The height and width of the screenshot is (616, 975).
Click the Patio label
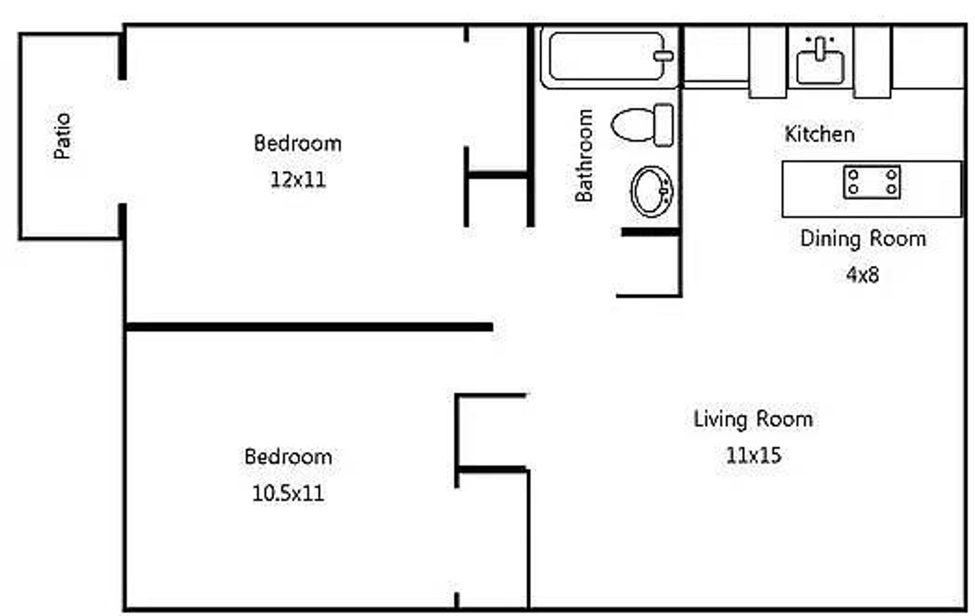tap(62, 136)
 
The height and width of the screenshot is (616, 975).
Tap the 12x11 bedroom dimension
tap(298, 179)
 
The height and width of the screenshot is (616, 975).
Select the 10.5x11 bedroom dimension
tap(288, 493)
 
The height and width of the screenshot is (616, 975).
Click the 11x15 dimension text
tap(753, 455)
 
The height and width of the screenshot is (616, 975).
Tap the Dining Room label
tap(863, 239)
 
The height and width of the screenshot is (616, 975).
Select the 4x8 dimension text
tap(862, 275)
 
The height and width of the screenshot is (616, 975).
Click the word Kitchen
tap(819, 133)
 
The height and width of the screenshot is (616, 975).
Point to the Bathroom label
tap(584, 155)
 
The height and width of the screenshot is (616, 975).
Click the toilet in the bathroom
tap(642, 125)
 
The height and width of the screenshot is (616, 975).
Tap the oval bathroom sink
tap(652, 191)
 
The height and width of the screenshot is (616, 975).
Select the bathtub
tap(610, 56)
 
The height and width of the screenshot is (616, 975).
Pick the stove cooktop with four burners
tap(872, 182)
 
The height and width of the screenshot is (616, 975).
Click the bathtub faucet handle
tap(664, 56)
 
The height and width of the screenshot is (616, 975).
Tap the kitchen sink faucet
tap(820, 48)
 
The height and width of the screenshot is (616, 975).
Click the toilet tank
tap(664, 125)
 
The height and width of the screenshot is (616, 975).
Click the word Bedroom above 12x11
tap(298, 143)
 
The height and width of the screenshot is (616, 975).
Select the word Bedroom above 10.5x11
tap(288, 457)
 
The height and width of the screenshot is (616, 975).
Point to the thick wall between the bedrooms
tap(309, 327)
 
